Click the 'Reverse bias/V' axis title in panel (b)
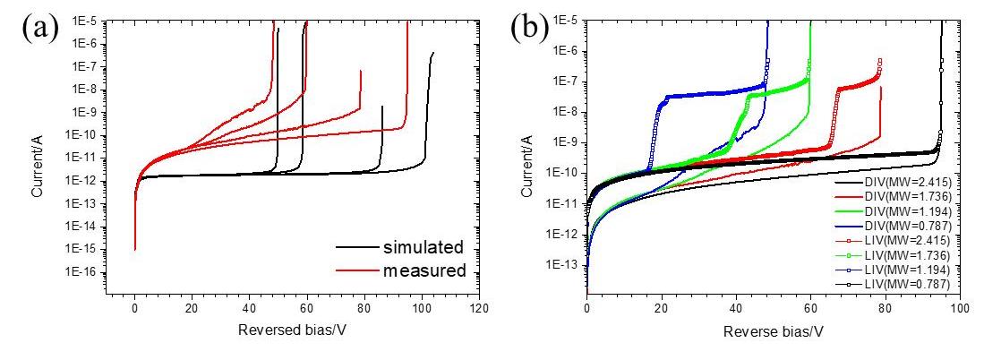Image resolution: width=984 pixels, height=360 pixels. tap(773, 330)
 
